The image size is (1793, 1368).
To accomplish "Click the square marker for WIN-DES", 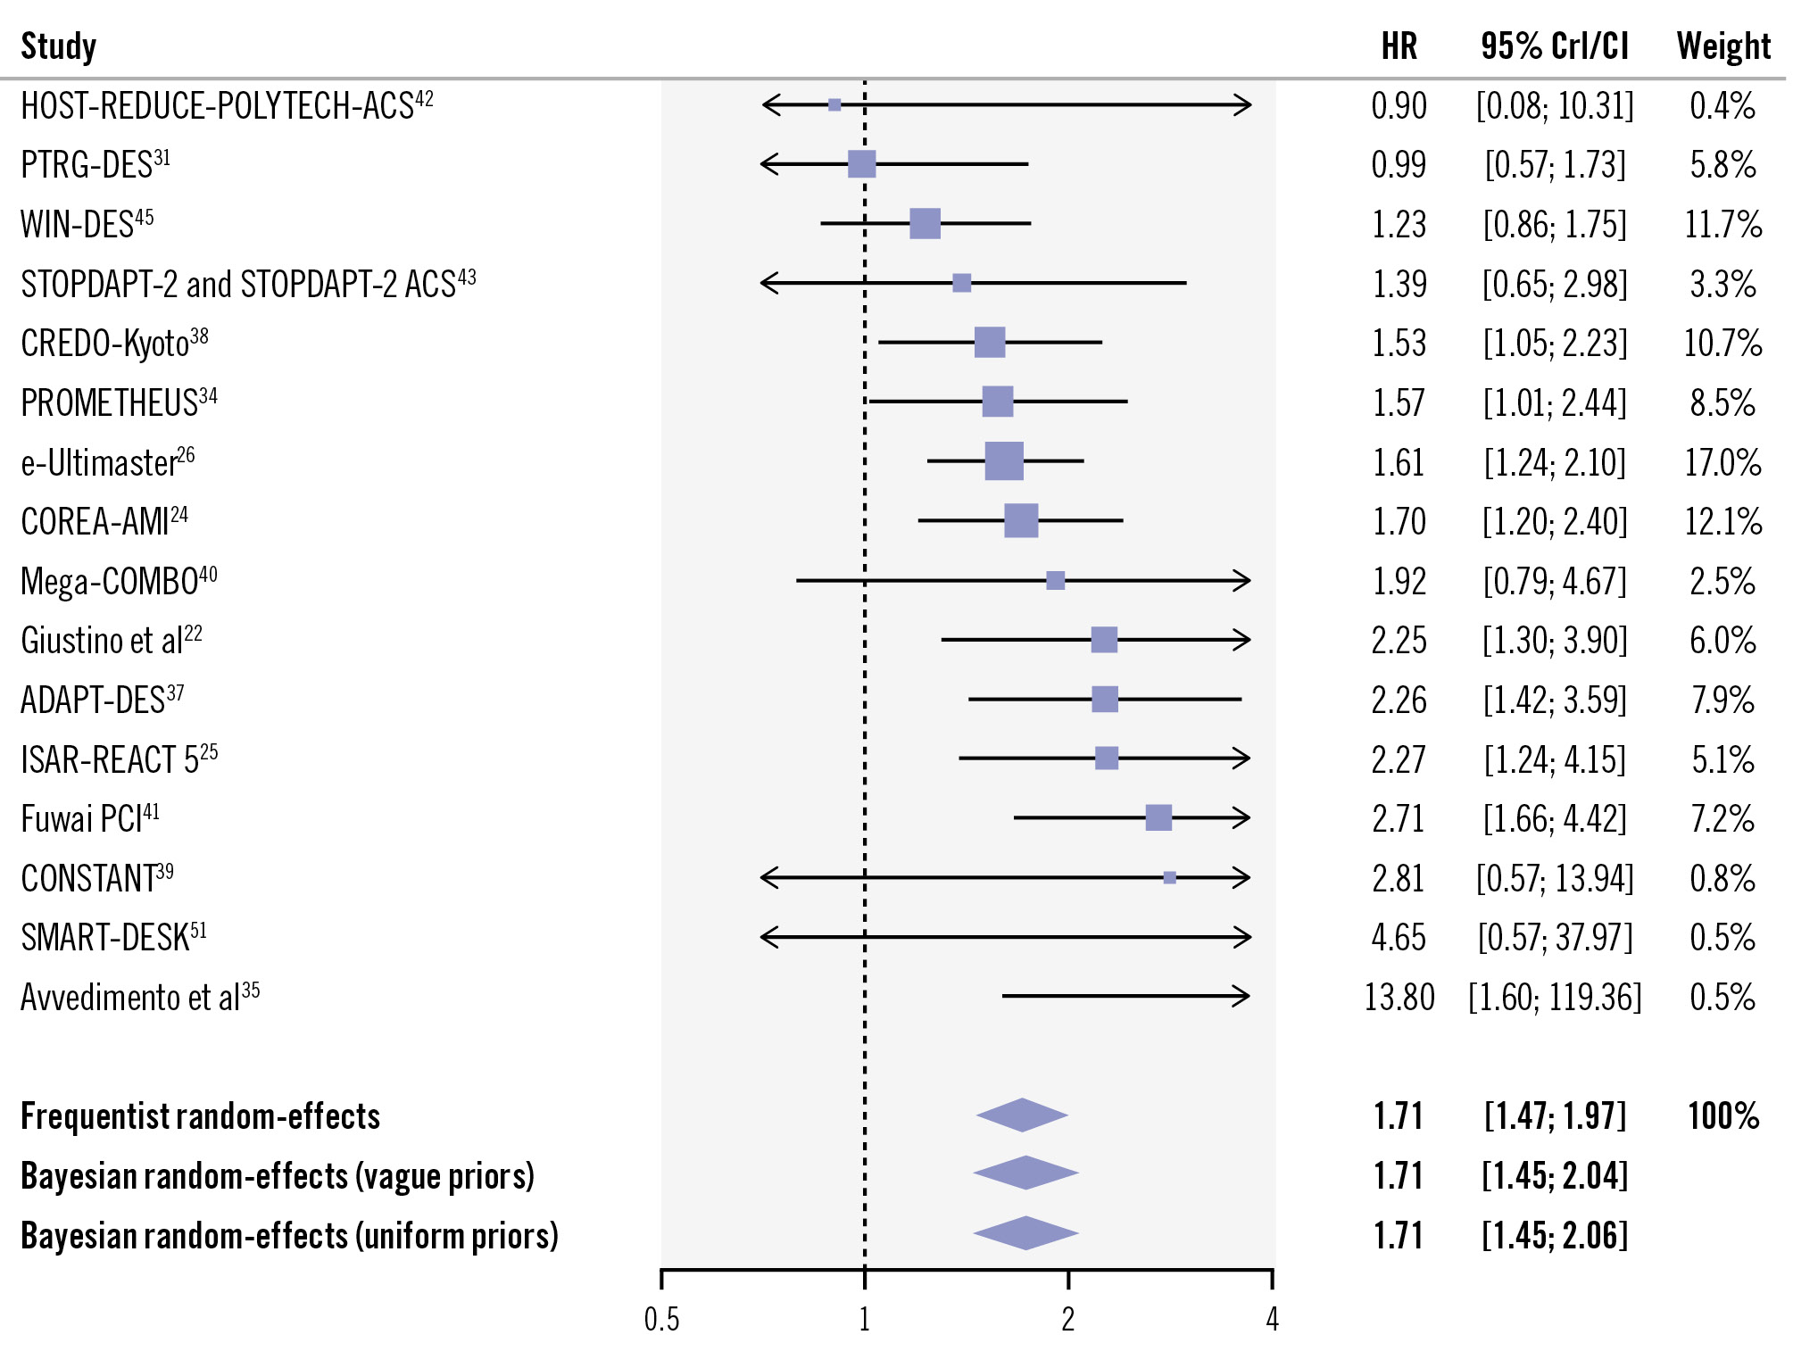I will click(925, 223).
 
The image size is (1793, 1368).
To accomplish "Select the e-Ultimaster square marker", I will click(1004, 461).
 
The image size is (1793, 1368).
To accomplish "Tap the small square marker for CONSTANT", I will click(1169, 878).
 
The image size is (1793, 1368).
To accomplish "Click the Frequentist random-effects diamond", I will click(1022, 1115).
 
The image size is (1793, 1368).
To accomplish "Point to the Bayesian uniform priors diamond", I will click(1025, 1233).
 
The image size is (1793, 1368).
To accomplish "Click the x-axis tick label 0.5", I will click(661, 1319).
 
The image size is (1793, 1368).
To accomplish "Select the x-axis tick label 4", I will click(1272, 1319).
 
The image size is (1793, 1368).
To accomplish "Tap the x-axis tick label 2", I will click(1067, 1319).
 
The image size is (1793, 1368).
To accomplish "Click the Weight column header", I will click(1722, 46).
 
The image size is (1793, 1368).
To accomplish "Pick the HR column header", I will click(1399, 46).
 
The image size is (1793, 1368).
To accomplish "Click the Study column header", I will click(59, 46).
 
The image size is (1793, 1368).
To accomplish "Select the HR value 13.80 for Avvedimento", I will click(1399, 997).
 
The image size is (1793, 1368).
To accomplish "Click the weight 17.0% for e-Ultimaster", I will click(1722, 462).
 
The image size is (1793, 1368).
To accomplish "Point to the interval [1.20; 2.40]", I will click(1555, 522).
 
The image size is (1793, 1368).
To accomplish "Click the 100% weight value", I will click(1722, 1116).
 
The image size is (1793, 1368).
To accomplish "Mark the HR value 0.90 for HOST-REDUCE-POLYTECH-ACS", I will click(1399, 106).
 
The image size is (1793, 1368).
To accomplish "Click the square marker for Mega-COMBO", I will click(1055, 581).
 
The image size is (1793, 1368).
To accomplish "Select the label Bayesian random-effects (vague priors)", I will click(278, 1176).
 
